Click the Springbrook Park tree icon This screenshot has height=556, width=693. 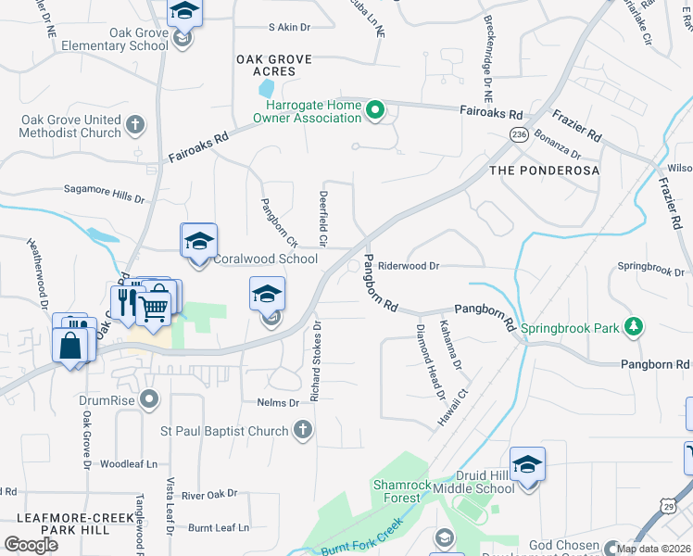pyautogui.click(x=634, y=327)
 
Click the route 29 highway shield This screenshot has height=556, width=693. pyautogui.click(x=667, y=504)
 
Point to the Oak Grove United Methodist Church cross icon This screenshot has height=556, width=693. pyautogui.click(x=135, y=125)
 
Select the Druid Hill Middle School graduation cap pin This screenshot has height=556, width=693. pyautogui.click(x=527, y=464)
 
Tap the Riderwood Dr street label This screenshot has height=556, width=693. pyautogui.click(x=409, y=266)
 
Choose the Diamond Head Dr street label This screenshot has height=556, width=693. pyautogui.click(x=431, y=363)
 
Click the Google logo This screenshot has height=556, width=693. pyautogui.click(x=31, y=544)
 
